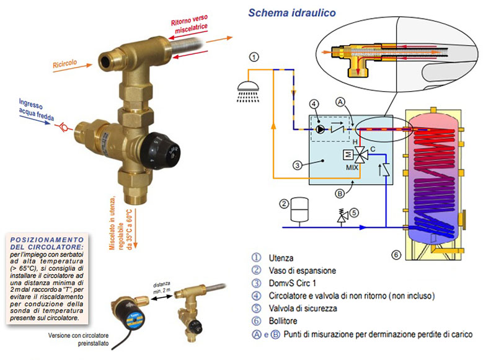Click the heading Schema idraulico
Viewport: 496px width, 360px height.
(x=291, y=12)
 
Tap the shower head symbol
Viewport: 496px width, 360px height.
(x=248, y=91)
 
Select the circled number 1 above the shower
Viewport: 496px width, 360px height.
(x=254, y=57)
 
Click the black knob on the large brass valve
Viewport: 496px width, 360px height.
(x=159, y=151)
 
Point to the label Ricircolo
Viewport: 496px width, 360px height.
(x=65, y=64)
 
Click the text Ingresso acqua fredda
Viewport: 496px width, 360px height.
(x=36, y=109)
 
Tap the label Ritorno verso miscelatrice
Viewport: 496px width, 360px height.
(x=190, y=24)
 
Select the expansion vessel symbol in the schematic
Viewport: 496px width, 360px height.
(x=299, y=210)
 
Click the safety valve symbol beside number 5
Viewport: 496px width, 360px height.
(x=342, y=216)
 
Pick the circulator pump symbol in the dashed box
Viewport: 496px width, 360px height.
(x=320, y=129)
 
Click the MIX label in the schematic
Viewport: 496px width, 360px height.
(x=352, y=167)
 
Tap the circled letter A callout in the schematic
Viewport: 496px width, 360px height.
(x=340, y=102)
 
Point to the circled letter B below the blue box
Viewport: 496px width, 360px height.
(x=339, y=193)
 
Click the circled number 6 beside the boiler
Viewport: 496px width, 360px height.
(x=396, y=255)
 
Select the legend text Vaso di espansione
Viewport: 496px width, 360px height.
(x=302, y=271)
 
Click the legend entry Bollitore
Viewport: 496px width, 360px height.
(x=283, y=321)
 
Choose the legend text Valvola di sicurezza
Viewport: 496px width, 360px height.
(x=303, y=308)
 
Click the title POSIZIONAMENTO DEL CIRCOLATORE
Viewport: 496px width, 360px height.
(x=47, y=243)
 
